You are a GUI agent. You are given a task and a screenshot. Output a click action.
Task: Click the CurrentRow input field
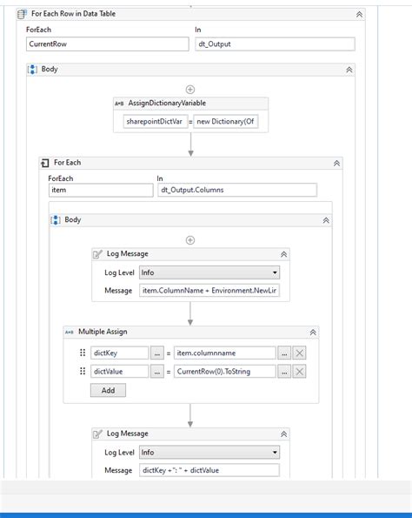click(x=107, y=44)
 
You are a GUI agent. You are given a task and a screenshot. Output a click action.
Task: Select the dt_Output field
click(x=274, y=44)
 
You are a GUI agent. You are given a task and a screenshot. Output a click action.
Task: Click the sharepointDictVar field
click(x=154, y=123)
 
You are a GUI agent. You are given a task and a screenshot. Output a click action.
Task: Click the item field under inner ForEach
click(x=100, y=190)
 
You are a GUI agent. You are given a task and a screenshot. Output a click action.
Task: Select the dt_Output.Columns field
click(x=236, y=190)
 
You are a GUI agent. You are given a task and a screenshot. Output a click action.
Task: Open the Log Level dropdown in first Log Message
click(x=209, y=272)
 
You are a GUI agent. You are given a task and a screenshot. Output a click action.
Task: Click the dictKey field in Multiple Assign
click(x=118, y=353)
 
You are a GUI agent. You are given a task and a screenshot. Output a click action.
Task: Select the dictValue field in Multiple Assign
click(x=118, y=372)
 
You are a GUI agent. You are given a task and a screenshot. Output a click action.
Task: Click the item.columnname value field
click(x=224, y=353)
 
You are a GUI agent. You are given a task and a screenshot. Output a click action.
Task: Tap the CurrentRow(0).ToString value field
click(x=224, y=372)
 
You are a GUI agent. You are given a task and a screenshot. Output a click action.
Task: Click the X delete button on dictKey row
click(x=300, y=353)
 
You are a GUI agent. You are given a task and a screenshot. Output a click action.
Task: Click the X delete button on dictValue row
click(x=300, y=372)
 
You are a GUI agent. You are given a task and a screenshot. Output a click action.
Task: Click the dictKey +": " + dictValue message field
click(x=209, y=470)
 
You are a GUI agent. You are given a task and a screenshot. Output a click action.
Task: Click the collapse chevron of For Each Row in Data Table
click(x=359, y=15)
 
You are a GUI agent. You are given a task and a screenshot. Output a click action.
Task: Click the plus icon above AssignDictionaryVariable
click(x=190, y=89)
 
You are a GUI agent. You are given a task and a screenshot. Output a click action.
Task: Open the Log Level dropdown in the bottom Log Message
click(x=209, y=452)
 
